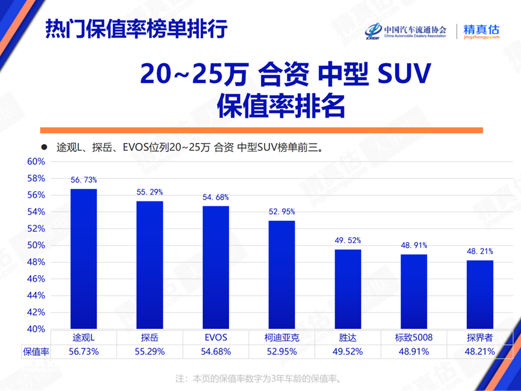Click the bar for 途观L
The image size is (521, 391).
click(x=84, y=259)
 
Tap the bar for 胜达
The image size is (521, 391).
click(x=348, y=289)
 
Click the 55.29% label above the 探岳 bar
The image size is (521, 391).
click(x=150, y=192)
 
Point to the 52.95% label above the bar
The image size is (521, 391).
click(x=282, y=212)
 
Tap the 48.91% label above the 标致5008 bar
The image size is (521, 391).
click(x=414, y=246)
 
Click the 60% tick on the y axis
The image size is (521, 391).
click(x=36, y=162)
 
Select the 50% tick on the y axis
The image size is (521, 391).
click(x=36, y=246)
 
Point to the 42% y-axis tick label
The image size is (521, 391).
click(x=36, y=313)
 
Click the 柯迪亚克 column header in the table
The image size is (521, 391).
click(x=282, y=337)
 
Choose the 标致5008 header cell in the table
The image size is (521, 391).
click(x=414, y=337)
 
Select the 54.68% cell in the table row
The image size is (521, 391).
click(x=216, y=351)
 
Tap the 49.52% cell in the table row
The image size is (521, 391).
click(x=348, y=351)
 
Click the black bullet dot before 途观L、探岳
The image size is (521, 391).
click(x=43, y=147)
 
